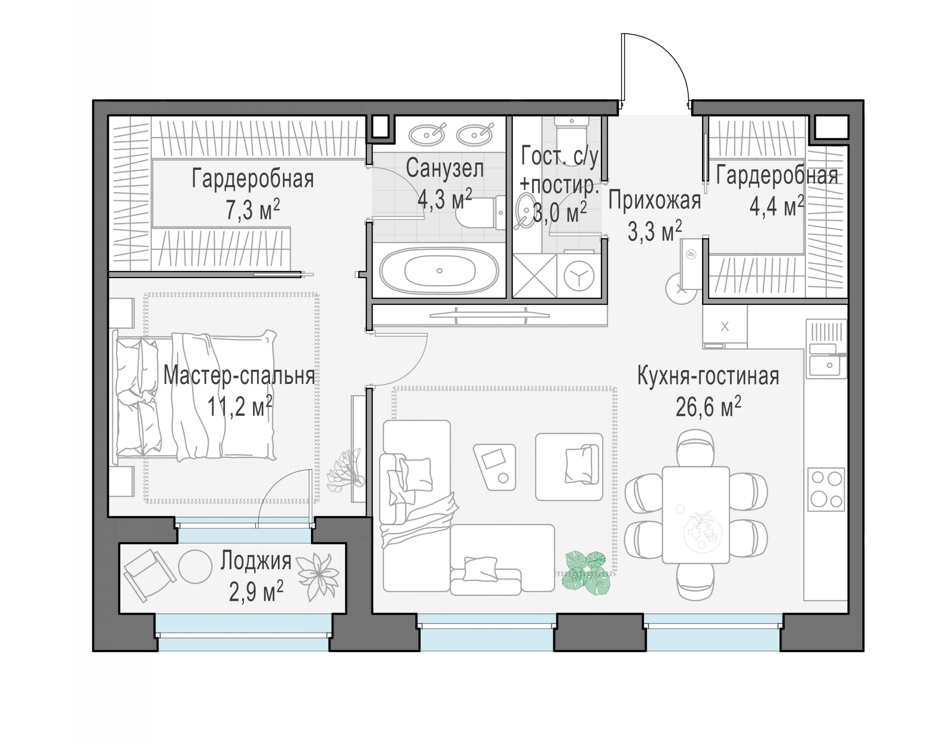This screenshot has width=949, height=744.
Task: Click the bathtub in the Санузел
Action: [x=438, y=271]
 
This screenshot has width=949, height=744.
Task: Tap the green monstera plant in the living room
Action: [x=587, y=573]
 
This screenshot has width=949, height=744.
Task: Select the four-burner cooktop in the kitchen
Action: [x=826, y=489]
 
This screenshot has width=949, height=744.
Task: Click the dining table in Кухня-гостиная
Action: [x=696, y=515]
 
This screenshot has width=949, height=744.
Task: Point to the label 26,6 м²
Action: [x=708, y=407]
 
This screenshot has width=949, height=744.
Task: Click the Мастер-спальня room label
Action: [x=239, y=375]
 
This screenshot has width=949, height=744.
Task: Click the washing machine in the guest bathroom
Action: [x=579, y=275]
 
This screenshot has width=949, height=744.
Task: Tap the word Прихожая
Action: [x=655, y=201]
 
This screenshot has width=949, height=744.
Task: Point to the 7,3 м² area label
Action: [x=252, y=210]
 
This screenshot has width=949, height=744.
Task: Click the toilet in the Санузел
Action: [x=480, y=212]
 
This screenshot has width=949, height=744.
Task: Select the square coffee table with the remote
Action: [x=495, y=467]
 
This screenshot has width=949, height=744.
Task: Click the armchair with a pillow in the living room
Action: [x=569, y=466]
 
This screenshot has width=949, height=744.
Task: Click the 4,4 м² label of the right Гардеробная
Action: [x=776, y=206]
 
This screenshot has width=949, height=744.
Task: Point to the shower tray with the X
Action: [x=535, y=276]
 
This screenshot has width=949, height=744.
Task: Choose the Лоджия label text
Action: [x=256, y=561]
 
